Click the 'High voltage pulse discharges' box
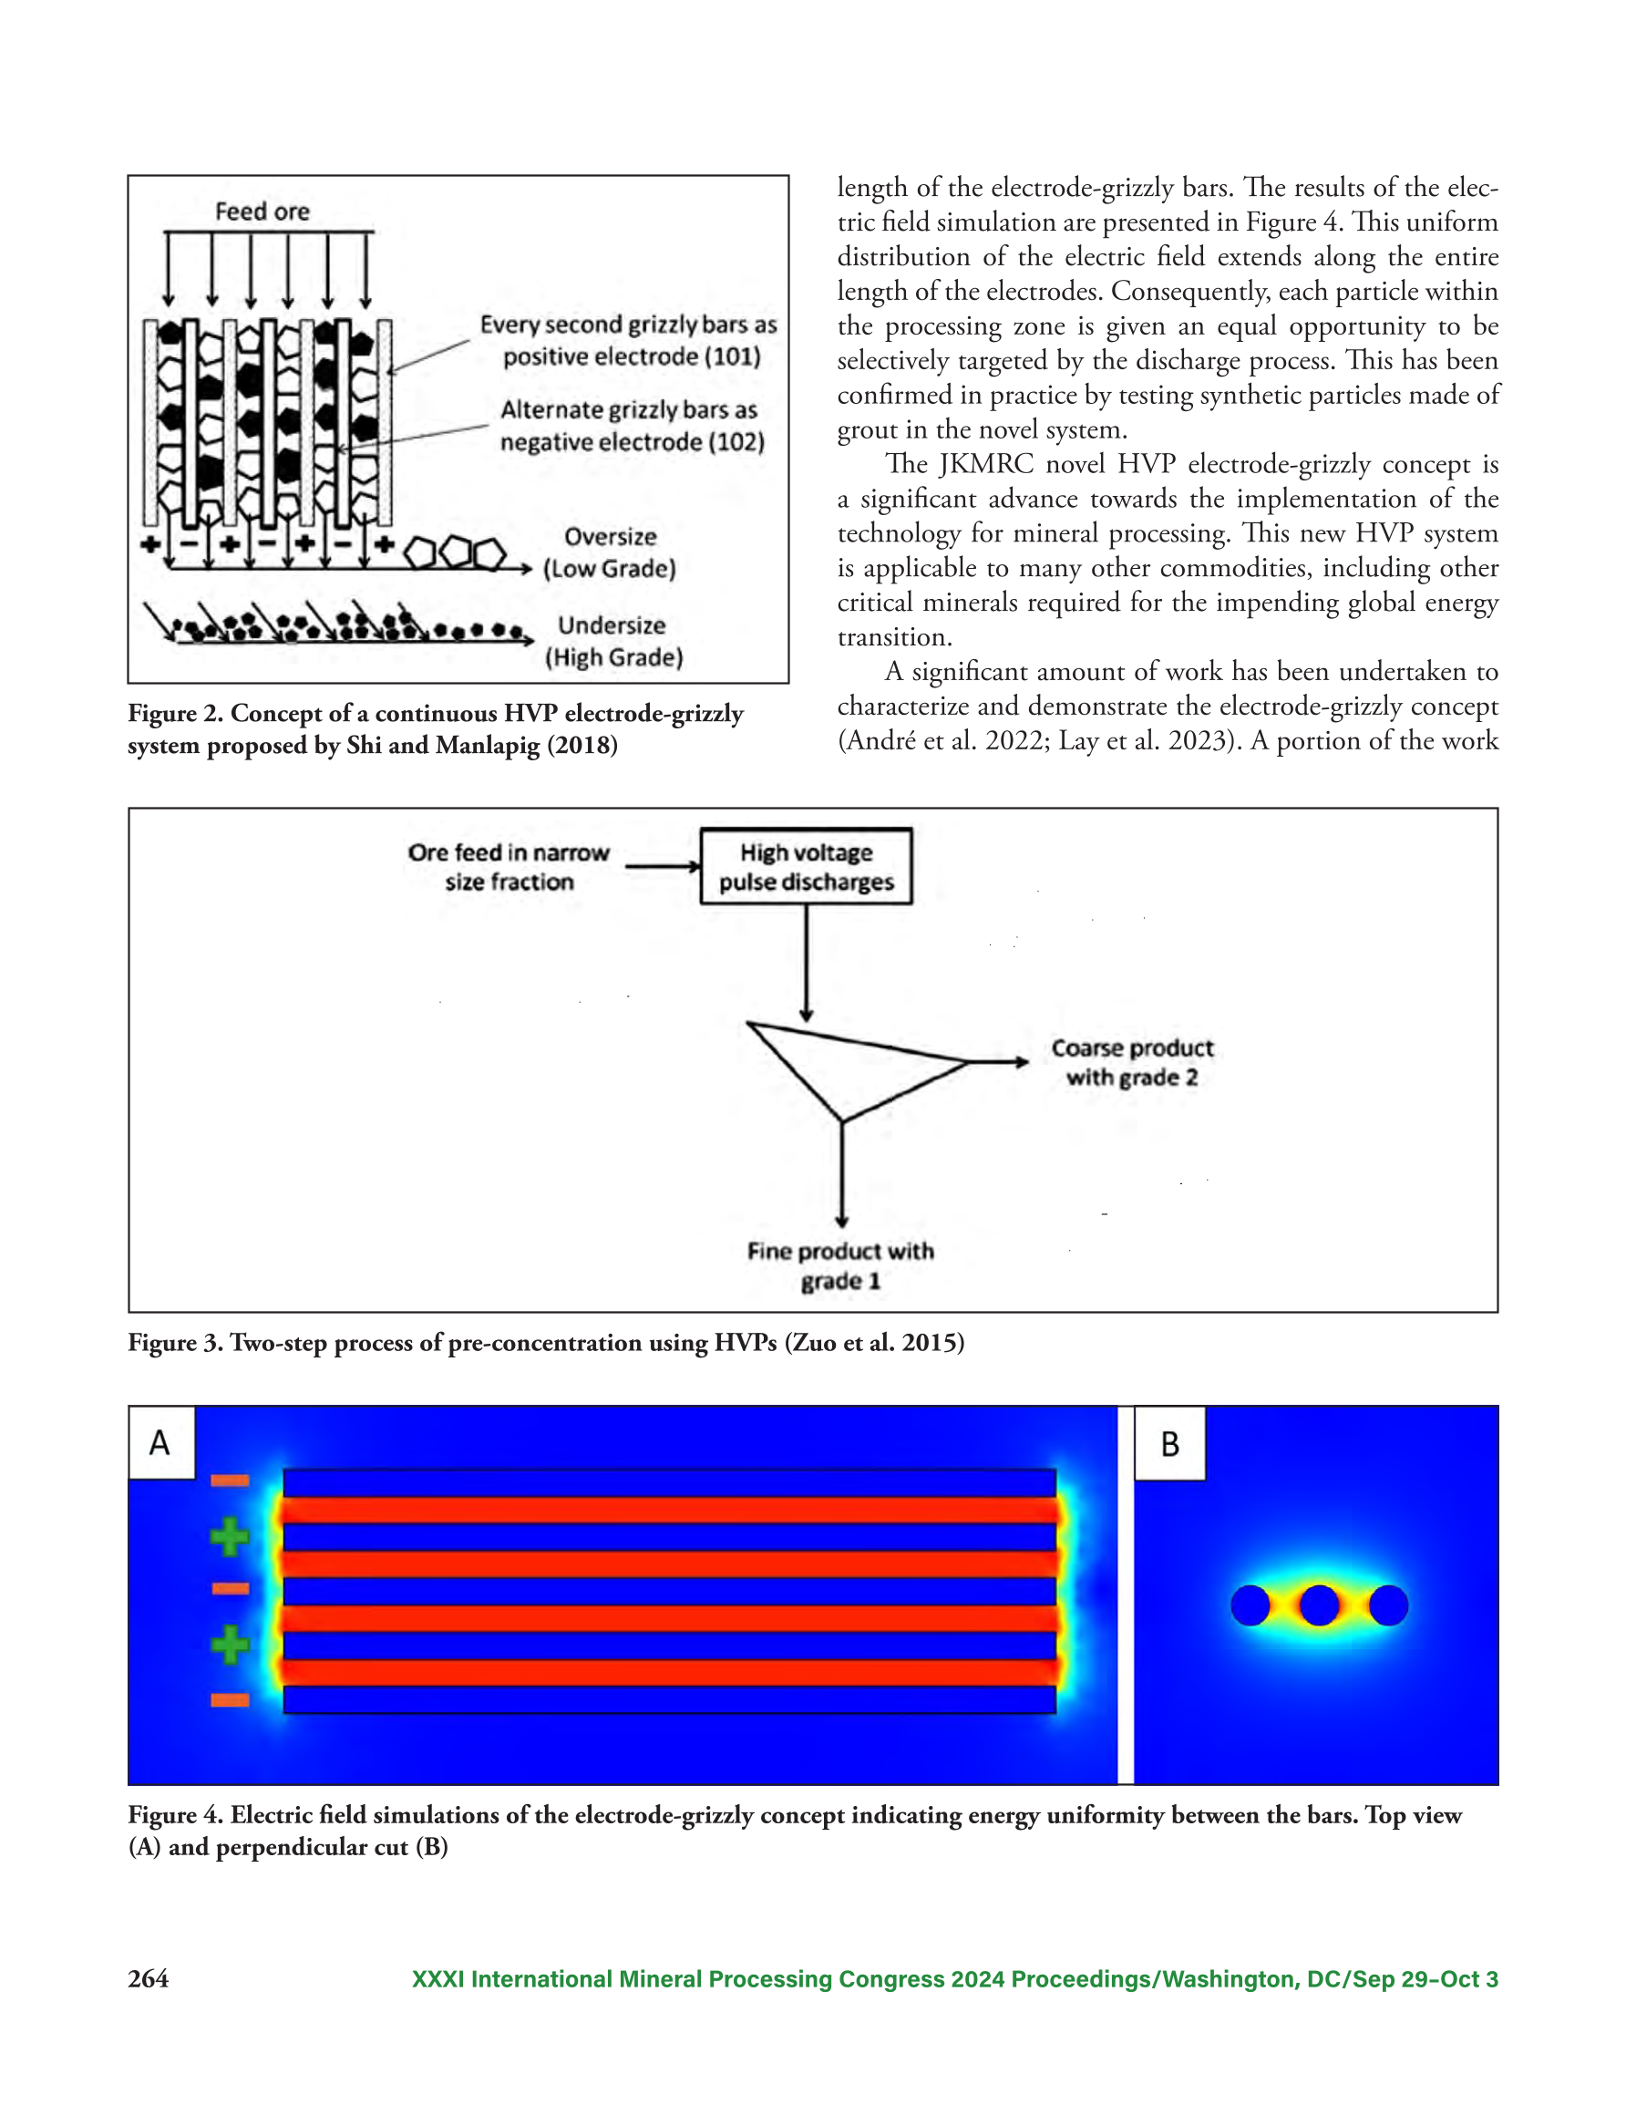[x=806, y=865]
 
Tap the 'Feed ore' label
[x=262, y=212]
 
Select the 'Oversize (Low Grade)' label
[x=609, y=552]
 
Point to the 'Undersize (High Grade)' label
[x=613, y=641]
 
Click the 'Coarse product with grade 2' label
[x=1133, y=1062]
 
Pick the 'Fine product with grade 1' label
[x=840, y=1265]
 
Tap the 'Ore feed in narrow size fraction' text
[x=509, y=866]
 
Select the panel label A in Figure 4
[x=160, y=1443]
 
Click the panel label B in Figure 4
[x=1169, y=1444]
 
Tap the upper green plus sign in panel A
[x=230, y=1536]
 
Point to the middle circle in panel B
[x=1319, y=1605]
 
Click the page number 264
[x=149, y=1980]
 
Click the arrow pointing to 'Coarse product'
[x=999, y=1062]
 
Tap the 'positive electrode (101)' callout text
[x=633, y=356]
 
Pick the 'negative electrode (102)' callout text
[x=633, y=442]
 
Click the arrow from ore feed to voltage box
[x=664, y=866]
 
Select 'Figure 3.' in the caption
[x=173, y=1344]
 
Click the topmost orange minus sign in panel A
[x=231, y=1481]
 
